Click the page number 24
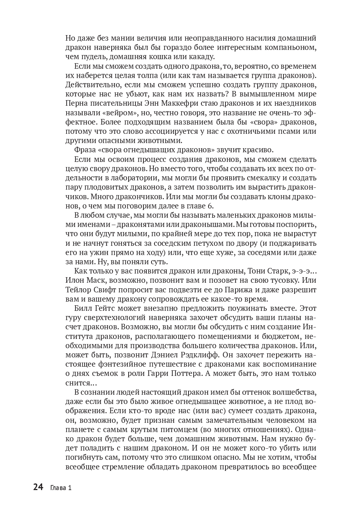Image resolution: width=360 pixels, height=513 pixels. [x=38, y=487]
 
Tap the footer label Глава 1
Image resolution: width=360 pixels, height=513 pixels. [x=61, y=488]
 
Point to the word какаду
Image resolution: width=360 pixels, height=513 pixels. [x=201, y=57]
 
